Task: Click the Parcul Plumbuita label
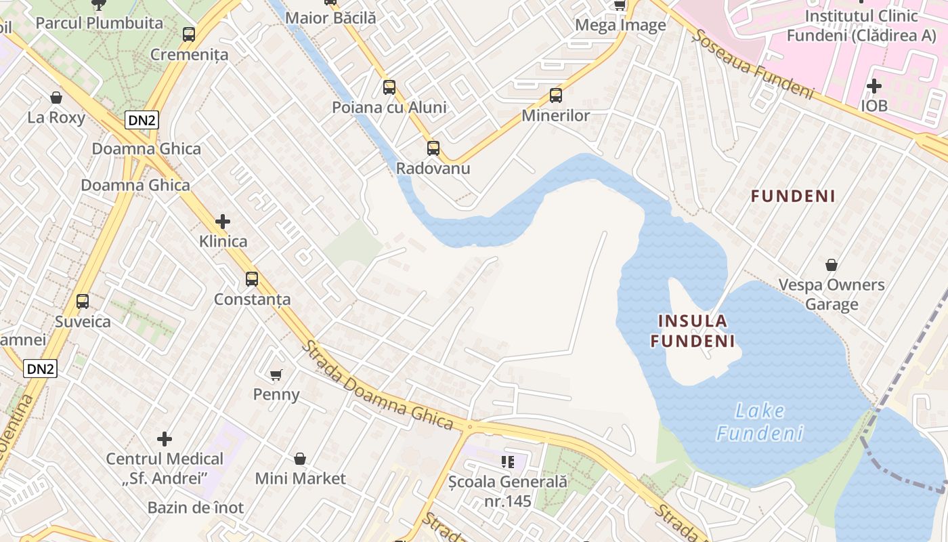[x=99, y=23]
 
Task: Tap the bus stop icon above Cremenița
[x=189, y=35]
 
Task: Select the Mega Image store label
[x=620, y=26]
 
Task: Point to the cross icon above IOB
[x=874, y=86]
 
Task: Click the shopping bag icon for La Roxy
[x=56, y=98]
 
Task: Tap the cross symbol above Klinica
[x=222, y=222]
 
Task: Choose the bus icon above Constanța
[x=252, y=278]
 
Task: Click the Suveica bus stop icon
[x=83, y=301]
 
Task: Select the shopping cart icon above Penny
[x=276, y=375]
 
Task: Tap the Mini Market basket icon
[x=300, y=459]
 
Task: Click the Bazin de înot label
[x=196, y=507]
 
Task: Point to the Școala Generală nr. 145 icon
[x=508, y=462]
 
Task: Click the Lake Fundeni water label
[x=760, y=421]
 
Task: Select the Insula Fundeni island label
[x=693, y=331]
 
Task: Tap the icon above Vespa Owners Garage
[x=831, y=265]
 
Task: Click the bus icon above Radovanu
[x=433, y=148]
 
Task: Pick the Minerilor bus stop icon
[x=556, y=96]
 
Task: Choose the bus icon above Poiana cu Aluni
[x=389, y=87]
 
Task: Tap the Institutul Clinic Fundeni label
[x=861, y=26]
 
